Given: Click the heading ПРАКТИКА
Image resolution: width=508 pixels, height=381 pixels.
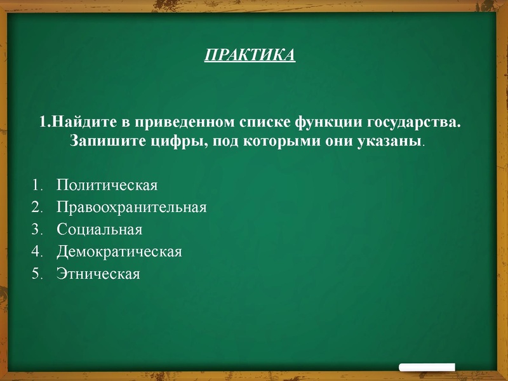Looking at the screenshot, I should pyautogui.click(x=250, y=55).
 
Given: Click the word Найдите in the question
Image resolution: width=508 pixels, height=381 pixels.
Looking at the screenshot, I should pyautogui.click(x=79, y=121).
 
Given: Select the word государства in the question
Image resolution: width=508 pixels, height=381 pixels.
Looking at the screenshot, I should pyautogui.click(x=413, y=121).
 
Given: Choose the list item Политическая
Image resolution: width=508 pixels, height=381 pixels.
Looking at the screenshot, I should pyautogui.click(x=107, y=185).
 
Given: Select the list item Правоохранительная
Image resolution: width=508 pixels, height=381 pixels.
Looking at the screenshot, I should pyautogui.click(x=131, y=207).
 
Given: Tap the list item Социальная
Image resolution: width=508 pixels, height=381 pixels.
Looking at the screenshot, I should pyautogui.click(x=99, y=229).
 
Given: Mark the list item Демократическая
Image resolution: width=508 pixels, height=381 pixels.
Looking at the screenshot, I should pyautogui.click(x=119, y=251).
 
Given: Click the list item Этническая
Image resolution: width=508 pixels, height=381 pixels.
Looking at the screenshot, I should pyautogui.click(x=98, y=274).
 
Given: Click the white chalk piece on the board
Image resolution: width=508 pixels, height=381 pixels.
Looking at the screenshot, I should pyautogui.click(x=427, y=367).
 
